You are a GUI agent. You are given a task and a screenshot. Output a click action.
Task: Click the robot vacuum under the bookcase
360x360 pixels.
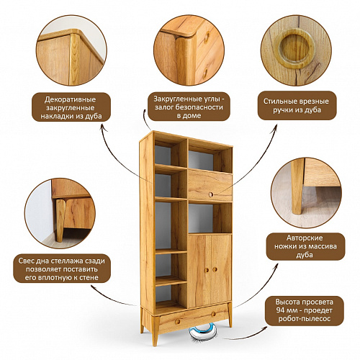click(203, 332)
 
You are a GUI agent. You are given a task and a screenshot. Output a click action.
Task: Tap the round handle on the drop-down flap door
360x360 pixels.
click(211, 194)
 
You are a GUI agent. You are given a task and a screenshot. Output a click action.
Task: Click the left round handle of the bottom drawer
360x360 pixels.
click(178, 322)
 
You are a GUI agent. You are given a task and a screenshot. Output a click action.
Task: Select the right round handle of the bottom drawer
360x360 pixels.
click(213, 314)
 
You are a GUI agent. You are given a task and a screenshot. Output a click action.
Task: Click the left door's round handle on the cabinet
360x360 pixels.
click(207, 270)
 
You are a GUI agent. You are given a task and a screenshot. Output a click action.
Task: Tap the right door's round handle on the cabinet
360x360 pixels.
click(215, 269)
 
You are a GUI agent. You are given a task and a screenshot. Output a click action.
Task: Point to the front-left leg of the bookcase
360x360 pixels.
click(156, 330)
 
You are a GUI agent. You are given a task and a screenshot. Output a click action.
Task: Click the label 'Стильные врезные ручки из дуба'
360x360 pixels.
click(297, 105)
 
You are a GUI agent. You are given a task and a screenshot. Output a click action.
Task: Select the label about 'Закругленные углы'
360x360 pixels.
click(189, 107)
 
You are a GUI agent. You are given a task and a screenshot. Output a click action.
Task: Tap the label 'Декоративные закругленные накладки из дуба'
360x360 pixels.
click(71, 107)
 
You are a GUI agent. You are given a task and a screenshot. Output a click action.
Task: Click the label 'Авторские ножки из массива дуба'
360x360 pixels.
click(305, 246)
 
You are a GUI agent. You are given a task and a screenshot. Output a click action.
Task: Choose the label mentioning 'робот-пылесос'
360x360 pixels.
click(305, 310)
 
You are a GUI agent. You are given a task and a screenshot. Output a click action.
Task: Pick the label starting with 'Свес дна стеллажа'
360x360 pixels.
click(62, 269)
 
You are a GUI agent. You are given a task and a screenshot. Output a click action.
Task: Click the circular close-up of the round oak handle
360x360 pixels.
click(296, 50)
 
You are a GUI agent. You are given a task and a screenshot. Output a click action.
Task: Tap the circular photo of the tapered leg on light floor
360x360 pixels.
click(306, 193)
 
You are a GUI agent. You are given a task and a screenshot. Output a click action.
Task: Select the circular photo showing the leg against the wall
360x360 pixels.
click(60, 213)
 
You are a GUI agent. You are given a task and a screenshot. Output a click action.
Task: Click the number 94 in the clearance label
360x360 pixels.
click(280, 310)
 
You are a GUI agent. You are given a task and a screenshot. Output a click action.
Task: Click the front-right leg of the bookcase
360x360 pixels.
click(230, 315)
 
